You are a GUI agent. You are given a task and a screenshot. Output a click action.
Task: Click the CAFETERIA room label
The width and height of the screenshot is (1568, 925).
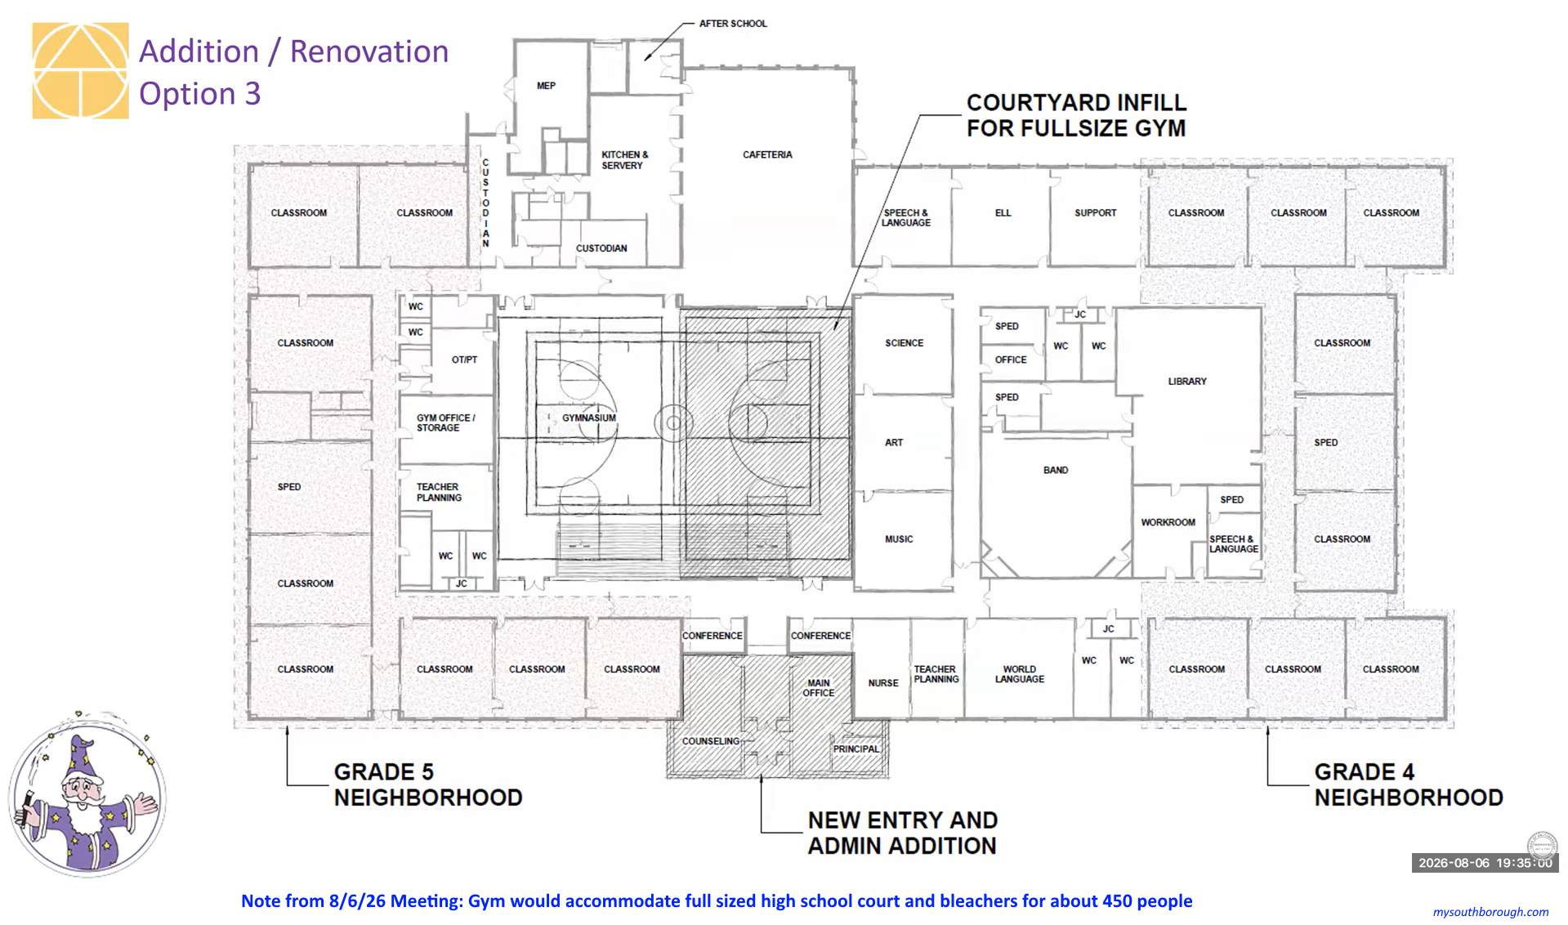(767, 154)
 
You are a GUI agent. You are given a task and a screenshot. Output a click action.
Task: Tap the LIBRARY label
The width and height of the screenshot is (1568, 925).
(1186, 382)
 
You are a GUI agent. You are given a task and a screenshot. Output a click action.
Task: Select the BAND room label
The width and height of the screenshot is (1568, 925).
(1055, 471)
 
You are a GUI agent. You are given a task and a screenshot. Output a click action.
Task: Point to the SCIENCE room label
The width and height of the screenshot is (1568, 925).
(904, 343)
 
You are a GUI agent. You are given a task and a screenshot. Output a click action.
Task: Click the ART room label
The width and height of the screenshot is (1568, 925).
(894, 443)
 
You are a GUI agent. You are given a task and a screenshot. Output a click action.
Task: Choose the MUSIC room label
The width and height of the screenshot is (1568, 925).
(899, 539)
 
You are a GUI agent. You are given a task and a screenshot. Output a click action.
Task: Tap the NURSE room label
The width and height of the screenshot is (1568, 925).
(883, 683)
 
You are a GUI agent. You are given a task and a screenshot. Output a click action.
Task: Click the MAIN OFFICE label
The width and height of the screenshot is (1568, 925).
(819, 688)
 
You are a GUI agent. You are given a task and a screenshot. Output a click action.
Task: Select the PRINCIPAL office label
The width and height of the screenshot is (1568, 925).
(856, 749)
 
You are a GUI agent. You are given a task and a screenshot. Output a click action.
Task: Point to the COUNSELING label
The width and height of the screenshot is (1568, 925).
(711, 741)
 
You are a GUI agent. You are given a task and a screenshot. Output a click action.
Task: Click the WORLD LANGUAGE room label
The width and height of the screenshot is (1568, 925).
(1020, 674)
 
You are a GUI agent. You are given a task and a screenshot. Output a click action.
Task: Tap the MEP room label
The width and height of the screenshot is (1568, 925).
(546, 86)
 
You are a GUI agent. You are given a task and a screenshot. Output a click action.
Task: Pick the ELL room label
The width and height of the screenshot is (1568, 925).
(1003, 213)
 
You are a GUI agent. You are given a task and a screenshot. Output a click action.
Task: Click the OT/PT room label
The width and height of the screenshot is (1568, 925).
(464, 360)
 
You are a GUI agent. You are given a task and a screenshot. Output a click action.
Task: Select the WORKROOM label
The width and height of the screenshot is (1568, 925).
(1168, 523)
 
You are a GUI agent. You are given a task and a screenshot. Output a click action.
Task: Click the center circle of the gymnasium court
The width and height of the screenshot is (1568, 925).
(673, 423)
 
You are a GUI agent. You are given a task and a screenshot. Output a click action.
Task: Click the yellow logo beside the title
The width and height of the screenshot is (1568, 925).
(80, 71)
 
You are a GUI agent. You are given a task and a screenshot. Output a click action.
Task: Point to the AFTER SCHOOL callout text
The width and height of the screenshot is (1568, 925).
(733, 24)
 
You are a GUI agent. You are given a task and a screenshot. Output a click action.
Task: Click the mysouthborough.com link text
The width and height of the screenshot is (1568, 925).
(1490, 912)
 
